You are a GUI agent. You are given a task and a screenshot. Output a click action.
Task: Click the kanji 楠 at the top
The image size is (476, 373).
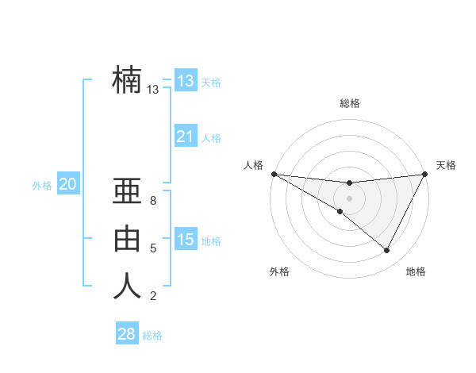pyautogui.click(x=127, y=79)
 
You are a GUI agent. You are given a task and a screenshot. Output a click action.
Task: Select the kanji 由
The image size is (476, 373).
pyautogui.click(x=127, y=239)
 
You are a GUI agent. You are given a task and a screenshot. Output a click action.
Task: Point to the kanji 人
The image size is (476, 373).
pyautogui.click(x=127, y=286)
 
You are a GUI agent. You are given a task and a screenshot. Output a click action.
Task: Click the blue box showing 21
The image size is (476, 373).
pyautogui.click(x=185, y=137)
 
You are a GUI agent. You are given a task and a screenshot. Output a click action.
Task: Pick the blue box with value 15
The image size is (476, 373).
pyautogui.click(x=185, y=240)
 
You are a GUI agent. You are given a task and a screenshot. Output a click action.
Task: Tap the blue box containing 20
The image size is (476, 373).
pyautogui.click(x=67, y=185)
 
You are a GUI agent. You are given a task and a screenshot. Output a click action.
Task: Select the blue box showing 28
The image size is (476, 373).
pyautogui.click(x=126, y=334)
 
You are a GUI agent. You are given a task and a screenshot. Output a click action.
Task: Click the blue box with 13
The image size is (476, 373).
pyautogui.click(x=185, y=80)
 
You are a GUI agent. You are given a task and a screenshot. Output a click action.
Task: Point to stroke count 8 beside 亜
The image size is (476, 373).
pyautogui.click(x=153, y=201)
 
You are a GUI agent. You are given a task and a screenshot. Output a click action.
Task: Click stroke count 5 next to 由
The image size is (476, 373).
pyautogui.click(x=153, y=248)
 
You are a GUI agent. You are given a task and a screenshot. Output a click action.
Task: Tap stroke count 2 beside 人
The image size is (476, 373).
pyautogui.click(x=153, y=296)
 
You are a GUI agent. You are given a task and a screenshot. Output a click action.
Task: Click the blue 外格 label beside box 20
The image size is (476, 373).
pyautogui.click(x=42, y=186)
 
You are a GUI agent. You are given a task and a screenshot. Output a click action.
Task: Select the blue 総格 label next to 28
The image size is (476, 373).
pyautogui.click(x=152, y=336)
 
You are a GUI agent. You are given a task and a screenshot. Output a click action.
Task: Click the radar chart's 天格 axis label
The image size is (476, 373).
pyautogui.click(x=446, y=165)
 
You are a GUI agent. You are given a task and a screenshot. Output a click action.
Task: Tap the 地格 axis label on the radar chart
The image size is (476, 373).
pyautogui.click(x=416, y=271)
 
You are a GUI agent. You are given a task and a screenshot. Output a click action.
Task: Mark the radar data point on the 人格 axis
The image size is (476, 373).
pyautogui.click(x=274, y=174)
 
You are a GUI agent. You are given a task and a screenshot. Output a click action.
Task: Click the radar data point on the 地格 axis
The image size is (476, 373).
pyautogui.click(x=387, y=250)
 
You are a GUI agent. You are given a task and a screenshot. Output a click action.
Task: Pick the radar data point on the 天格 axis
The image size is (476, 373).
pyautogui.click(x=424, y=174)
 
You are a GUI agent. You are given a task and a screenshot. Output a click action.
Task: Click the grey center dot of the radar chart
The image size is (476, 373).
pyautogui.click(x=349, y=198)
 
